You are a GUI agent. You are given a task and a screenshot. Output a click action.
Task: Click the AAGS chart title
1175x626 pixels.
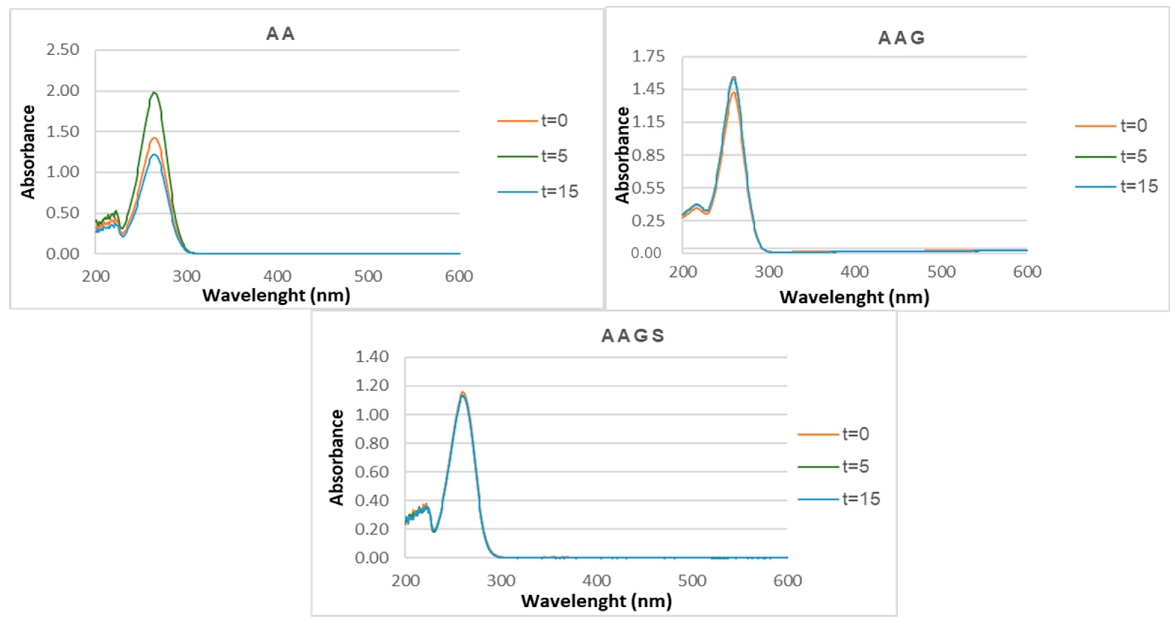click(x=633, y=336)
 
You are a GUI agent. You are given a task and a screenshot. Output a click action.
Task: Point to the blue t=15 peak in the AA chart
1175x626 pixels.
click(x=154, y=155)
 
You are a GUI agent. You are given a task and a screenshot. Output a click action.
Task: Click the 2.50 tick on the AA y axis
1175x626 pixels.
click(x=63, y=49)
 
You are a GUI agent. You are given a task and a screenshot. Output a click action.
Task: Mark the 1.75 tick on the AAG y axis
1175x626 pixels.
click(x=648, y=57)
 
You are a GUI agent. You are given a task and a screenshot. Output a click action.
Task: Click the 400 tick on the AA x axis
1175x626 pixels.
click(x=277, y=276)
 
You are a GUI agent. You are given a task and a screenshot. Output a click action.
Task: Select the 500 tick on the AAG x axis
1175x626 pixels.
click(x=941, y=272)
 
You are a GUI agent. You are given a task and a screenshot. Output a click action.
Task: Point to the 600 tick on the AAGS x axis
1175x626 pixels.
click(x=787, y=581)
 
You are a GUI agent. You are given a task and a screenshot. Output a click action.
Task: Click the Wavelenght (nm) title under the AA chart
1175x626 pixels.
click(x=277, y=296)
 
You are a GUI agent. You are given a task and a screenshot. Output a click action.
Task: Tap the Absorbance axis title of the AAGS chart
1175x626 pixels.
click(x=337, y=457)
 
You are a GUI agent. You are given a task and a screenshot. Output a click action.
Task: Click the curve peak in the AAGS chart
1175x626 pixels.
click(x=463, y=393)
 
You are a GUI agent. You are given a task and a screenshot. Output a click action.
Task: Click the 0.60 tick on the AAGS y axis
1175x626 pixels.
click(x=372, y=472)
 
